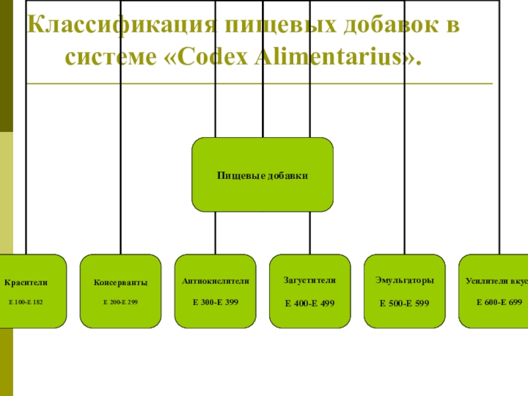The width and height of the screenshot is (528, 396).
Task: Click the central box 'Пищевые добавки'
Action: coord(263,175)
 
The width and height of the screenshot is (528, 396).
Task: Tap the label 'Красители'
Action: coord(26,282)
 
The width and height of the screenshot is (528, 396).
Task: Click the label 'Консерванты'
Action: coord(121,282)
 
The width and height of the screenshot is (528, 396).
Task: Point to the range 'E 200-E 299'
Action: coord(121,302)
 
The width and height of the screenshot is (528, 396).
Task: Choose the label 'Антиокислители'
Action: coord(215,280)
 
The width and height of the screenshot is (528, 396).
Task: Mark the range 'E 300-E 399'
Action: coord(215,302)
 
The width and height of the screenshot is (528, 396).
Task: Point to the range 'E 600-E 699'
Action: coord(499,302)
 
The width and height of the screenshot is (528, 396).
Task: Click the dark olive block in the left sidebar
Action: coord(6,66)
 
